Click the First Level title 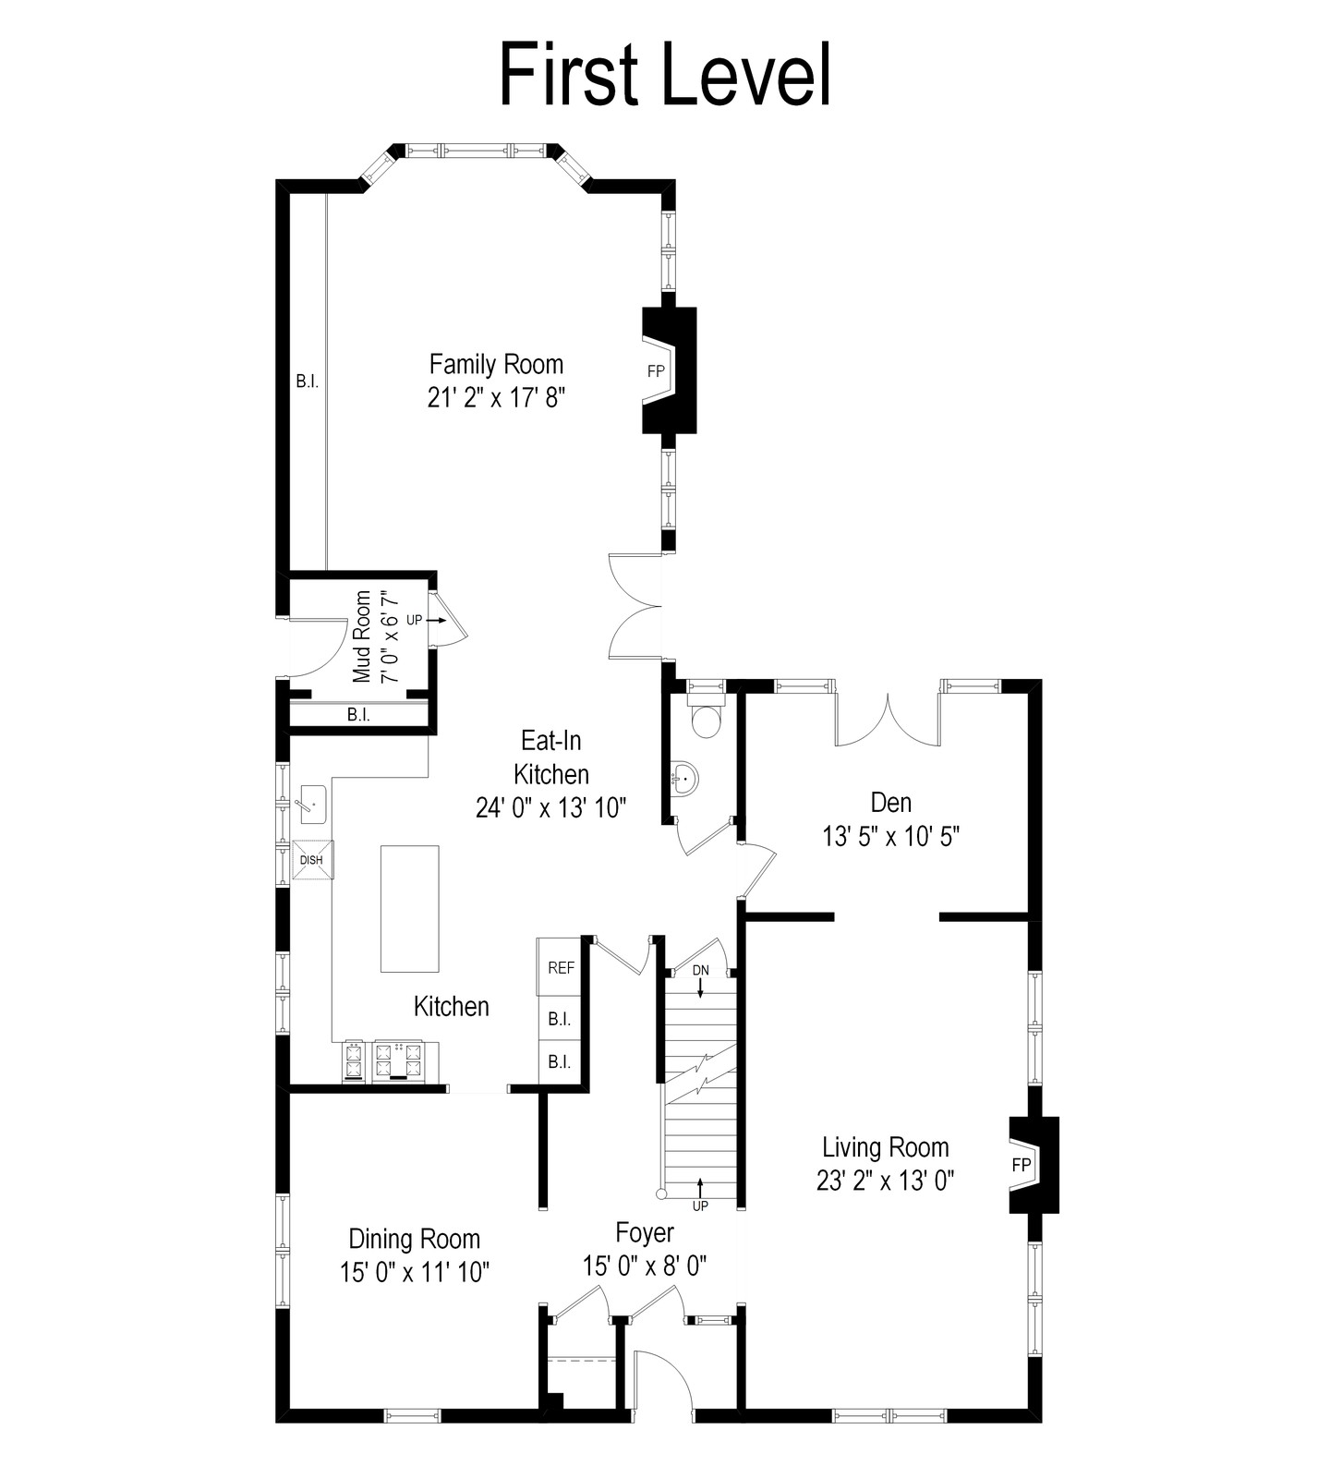pyautogui.click(x=665, y=74)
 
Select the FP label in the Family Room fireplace pyautogui.click(x=656, y=370)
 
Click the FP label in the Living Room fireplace pyautogui.click(x=1021, y=1165)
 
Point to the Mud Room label pyautogui.click(x=362, y=636)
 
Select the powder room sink pyautogui.click(x=684, y=779)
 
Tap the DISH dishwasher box pyautogui.click(x=312, y=860)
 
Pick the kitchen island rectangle pyautogui.click(x=409, y=908)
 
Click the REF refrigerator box pyautogui.click(x=561, y=967)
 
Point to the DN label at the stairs pyautogui.click(x=701, y=970)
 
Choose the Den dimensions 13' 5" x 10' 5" pyautogui.click(x=891, y=836)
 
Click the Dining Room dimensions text pyautogui.click(x=415, y=1272)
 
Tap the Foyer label pyautogui.click(x=645, y=1232)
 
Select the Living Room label pyautogui.click(x=886, y=1147)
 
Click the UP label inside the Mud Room pyautogui.click(x=414, y=620)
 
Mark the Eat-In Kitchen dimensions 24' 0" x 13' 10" pyautogui.click(x=551, y=807)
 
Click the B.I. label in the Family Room pyautogui.click(x=308, y=381)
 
